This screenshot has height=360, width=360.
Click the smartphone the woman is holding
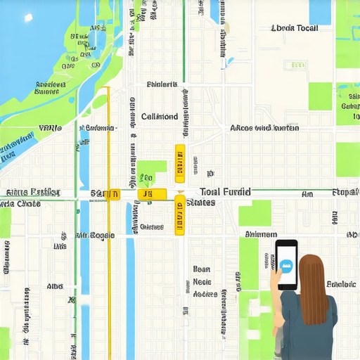(286, 264)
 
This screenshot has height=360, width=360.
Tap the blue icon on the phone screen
(286, 266)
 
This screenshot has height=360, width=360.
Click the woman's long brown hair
(313, 288)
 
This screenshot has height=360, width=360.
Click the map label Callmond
(160, 117)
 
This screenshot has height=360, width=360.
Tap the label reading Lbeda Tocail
(295, 28)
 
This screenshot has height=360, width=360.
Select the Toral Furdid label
(225, 191)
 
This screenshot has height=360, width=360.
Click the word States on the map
(200, 202)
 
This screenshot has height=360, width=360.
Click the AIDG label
(55, 287)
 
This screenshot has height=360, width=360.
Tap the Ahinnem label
(260, 234)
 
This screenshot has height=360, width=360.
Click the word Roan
(202, 269)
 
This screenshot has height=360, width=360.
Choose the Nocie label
(202, 283)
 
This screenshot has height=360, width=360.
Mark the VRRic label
(51, 129)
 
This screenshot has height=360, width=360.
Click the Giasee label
(151, 227)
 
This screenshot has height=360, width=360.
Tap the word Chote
(28, 204)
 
